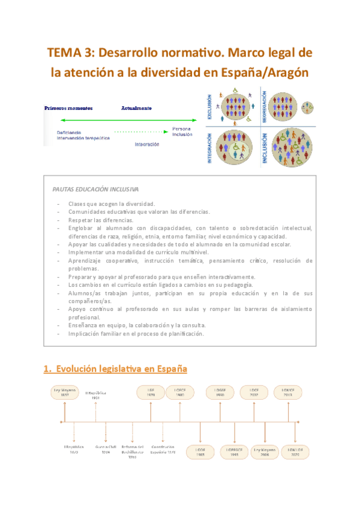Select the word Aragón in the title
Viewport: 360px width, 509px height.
pos(283,73)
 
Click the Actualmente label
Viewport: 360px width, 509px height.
pos(136,108)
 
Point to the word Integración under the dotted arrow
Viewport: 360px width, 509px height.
pos(147,144)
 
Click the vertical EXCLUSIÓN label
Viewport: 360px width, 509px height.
pos(209,107)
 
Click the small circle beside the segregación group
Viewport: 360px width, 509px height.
pos(308,107)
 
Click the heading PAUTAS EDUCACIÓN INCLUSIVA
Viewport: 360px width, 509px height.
pos(95,188)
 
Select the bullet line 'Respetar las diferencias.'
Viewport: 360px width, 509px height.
pos(100,220)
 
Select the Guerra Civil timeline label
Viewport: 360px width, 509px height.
pos(106,449)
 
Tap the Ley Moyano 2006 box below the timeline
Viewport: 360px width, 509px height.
pos(265,451)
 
